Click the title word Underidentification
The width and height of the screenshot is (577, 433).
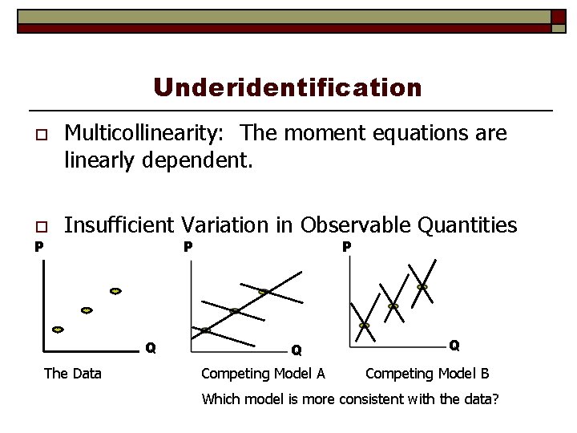[x=288, y=87]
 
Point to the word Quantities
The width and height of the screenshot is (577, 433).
[x=472, y=225]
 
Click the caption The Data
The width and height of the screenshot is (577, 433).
[x=72, y=374]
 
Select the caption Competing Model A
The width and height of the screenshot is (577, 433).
[x=263, y=374]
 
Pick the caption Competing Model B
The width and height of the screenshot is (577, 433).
[x=427, y=374]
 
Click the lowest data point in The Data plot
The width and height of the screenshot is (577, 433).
[x=58, y=330]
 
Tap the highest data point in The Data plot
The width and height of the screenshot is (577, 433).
[x=115, y=291]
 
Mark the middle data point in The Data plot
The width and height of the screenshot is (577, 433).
[x=87, y=310]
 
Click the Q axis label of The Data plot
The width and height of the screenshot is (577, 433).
[x=150, y=348]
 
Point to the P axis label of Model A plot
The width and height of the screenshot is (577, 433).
[x=187, y=247]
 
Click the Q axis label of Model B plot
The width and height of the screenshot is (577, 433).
[x=454, y=346]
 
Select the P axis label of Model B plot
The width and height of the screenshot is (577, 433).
[x=346, y=247]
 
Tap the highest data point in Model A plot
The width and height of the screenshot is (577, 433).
[x=263, y=292]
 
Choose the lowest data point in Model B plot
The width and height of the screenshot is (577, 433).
[x=365, y=326]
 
